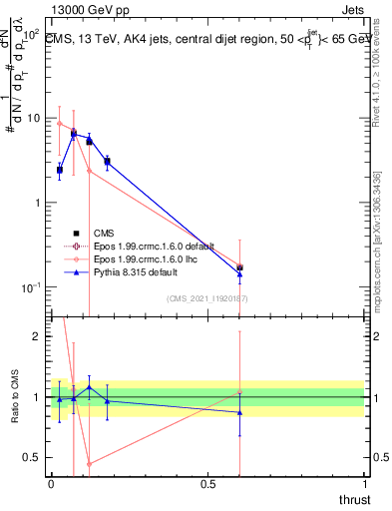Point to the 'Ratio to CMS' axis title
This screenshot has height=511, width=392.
[14, 396]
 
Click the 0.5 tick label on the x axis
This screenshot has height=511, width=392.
[207, 484]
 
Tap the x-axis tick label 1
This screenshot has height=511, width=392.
[365, 484]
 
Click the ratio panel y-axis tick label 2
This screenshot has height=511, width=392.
[37, 336]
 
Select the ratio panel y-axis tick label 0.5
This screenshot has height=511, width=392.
[33, 457]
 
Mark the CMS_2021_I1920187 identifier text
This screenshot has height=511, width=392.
[207, 297]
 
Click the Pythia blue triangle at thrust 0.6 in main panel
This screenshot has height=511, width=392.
[239, 273]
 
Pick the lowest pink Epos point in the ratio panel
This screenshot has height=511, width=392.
[89, 463]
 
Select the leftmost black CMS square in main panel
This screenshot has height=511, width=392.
[60, 170]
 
